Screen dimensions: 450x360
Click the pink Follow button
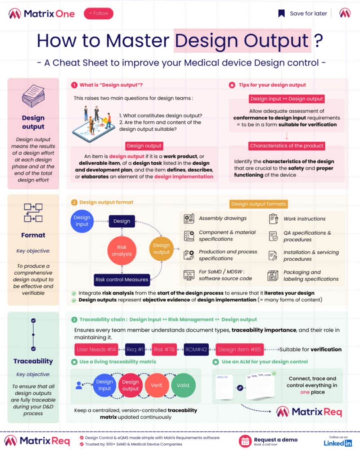[x=98, y=13]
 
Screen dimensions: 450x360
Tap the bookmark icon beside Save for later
[x=282, y=13]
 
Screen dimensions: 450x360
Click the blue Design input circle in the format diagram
[x=82, y=221]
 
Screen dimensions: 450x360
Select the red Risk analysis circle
[x=122, y=250]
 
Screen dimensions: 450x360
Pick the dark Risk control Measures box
[x=122, y=280]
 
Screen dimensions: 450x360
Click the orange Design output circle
[x=161, y=249]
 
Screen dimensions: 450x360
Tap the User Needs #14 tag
[x=96, y=349]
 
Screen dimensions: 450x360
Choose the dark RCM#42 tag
[x=196, y=349]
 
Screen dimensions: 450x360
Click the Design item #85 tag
[x=240, y=349]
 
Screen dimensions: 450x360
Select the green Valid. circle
[x=183, y=385]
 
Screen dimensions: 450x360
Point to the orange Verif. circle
[x=157, y=385]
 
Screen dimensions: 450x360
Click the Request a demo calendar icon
[x=245, y=441]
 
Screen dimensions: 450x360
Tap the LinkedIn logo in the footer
[x=338, y=443]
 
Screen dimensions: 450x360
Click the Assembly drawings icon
[x=189, y=218]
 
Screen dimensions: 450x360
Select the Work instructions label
[x=304, y=219]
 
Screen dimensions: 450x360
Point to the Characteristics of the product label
[x=287, y=146]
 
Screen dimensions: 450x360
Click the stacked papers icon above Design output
[x=33, y=96]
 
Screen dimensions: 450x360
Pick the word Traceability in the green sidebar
[x=33, y=361]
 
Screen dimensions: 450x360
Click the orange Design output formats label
[x=258, y=204]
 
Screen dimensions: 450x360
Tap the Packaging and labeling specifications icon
[x=273, y=276]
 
